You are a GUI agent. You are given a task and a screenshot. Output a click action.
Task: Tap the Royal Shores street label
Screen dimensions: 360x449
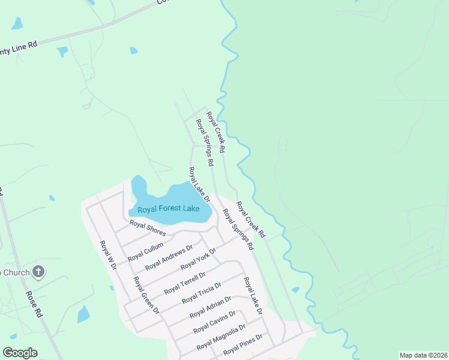147,229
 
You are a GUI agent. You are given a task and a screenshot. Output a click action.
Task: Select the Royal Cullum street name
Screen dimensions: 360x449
145,249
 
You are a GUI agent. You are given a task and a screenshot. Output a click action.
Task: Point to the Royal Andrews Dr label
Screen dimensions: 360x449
169,257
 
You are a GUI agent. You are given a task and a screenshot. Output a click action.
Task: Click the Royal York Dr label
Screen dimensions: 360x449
198,257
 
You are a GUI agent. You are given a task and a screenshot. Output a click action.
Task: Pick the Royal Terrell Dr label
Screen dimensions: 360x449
185,281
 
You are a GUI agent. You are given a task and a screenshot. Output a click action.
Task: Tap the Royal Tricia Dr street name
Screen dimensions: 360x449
201,292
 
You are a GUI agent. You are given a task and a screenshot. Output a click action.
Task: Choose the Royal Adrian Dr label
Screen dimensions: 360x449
210,307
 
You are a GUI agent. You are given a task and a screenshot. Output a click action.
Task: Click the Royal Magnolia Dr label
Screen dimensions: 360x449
221,338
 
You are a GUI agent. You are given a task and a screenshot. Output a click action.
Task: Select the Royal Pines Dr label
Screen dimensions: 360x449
243,344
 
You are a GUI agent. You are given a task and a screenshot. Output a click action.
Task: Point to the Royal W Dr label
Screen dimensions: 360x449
107,255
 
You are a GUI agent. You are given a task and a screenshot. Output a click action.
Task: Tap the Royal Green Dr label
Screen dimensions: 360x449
146,295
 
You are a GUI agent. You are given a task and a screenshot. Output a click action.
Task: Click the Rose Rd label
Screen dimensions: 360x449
34,304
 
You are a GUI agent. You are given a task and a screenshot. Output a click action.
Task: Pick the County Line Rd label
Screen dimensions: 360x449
18,46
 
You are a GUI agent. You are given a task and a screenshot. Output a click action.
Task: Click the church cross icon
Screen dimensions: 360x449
38,272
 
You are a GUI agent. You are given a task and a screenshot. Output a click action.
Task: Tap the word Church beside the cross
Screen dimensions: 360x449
14,272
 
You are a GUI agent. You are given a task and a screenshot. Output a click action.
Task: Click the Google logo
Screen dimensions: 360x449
20,353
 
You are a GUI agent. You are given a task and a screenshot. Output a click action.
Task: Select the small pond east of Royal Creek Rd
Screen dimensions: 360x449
295,290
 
